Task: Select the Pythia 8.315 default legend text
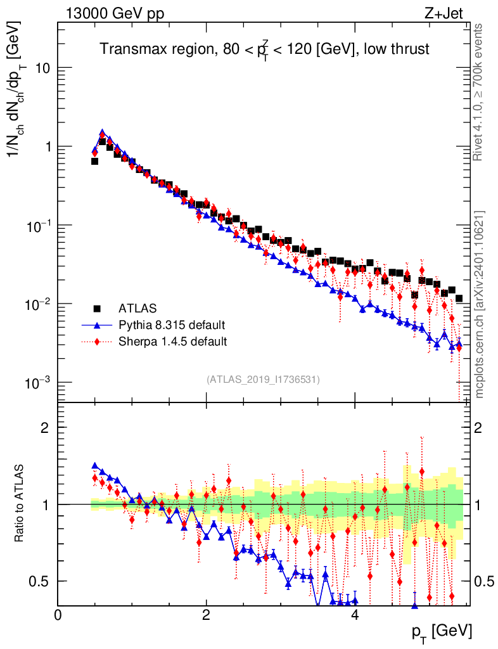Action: click(172, 325)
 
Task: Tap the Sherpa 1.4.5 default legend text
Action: click(172, 342)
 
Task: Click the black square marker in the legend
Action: click(98, 309)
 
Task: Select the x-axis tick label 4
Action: click(355, 615)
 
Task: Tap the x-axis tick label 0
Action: click(58, 615)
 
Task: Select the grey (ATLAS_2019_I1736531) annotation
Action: click(263, 380)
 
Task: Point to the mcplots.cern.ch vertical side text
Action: click(479, 304)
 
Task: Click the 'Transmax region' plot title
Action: click(265, 49)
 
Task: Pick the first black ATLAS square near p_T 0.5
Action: click(94, 161)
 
